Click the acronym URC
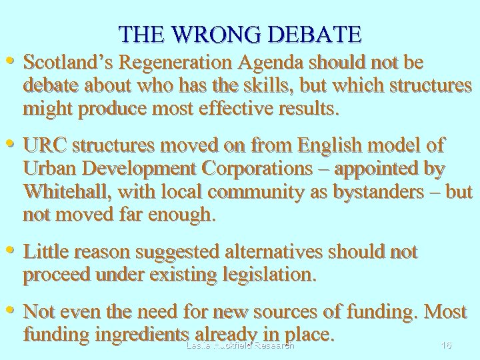[x=45, y=146]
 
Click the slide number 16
[x=447, y=345]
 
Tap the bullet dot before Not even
[x=11, y=309]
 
